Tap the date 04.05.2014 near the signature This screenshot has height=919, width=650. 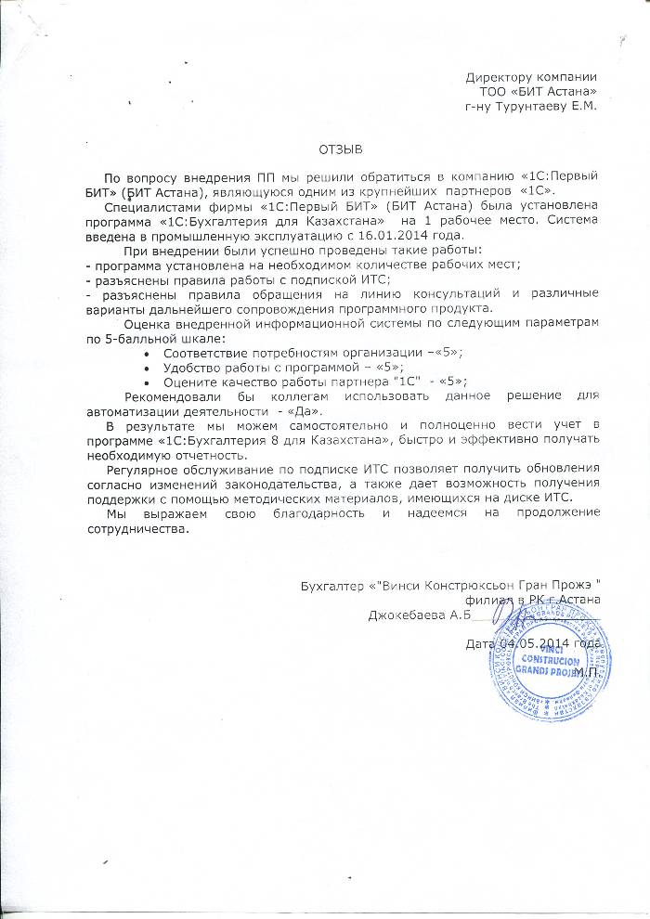pos(533,642)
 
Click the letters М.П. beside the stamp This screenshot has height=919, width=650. pos(586,670)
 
